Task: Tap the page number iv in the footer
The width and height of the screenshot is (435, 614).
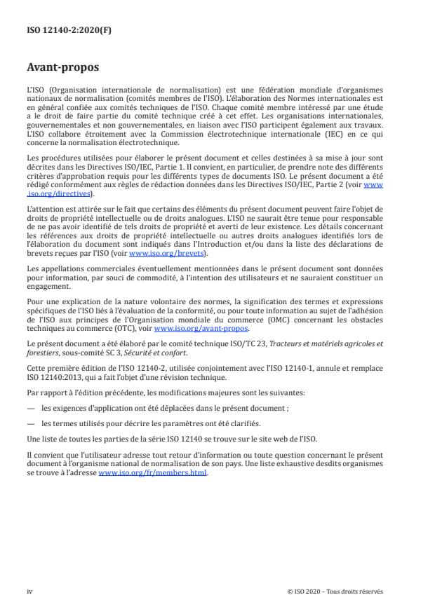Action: point(29,591)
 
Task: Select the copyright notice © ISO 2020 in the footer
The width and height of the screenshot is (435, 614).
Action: point(335,591)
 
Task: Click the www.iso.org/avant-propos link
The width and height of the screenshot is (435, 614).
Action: point(201,328)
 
